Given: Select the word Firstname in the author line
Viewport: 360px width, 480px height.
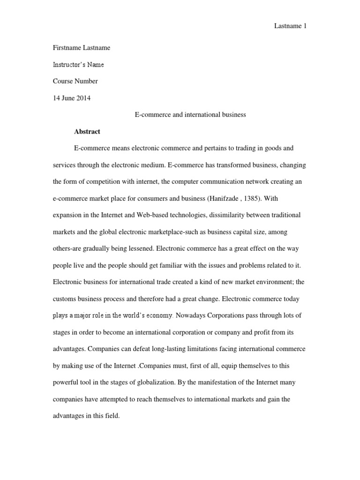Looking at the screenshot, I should (x=67, y=48).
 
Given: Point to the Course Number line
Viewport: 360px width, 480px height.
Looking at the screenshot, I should (x=75, y=81).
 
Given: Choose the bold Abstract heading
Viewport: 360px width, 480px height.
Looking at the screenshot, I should (x=87, y=132).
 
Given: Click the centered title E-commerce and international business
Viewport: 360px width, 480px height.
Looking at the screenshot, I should (x=187, y=115).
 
